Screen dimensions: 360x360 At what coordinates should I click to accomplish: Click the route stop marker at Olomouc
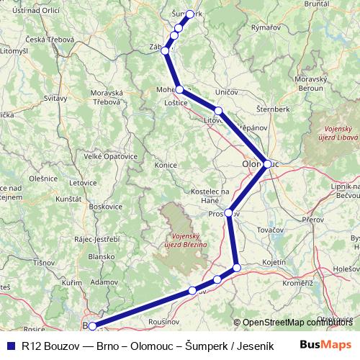pos(267,164)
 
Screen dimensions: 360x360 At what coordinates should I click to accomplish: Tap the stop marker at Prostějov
pos(229,213)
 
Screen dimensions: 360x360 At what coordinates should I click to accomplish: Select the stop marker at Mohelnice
pos(179,90)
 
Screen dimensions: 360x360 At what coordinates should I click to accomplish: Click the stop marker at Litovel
pos(218,111)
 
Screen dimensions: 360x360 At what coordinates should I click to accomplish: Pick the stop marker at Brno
pos(91,326)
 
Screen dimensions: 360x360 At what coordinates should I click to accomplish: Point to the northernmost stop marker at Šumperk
pos(190,14)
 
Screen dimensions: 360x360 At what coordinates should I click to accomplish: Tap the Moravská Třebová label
pos(107,98)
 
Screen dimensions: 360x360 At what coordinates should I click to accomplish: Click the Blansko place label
pos(101,256)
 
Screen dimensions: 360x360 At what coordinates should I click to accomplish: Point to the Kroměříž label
pos(297,283)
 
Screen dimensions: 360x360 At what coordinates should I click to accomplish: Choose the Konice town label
pos(166,165)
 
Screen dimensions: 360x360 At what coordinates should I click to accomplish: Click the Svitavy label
pos(57,97)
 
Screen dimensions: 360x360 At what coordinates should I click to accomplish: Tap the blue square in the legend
pos(9,344)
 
